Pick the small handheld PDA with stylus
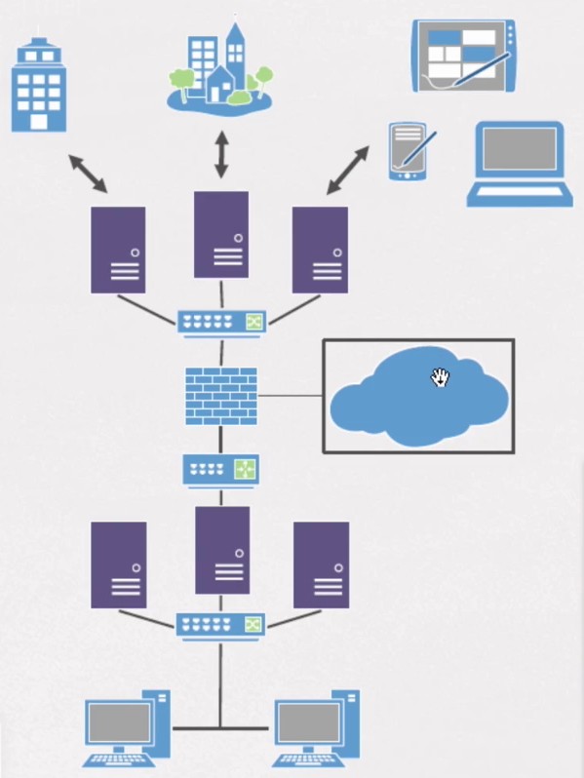coord(409,152)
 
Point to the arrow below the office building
coord(88,173)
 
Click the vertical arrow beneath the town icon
coord(221,154)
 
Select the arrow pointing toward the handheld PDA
coord(348,170)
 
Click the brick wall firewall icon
coord(221,396)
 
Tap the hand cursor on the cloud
coord(440,377)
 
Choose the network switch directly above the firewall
coord(221,322)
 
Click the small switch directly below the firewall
coord(221,470)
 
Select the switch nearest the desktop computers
coord(221,625)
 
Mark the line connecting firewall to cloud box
coord(290,396)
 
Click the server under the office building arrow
coord(118,250)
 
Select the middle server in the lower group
coord(222,550)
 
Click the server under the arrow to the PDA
coord(320,250)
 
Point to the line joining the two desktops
coord(220,728)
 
